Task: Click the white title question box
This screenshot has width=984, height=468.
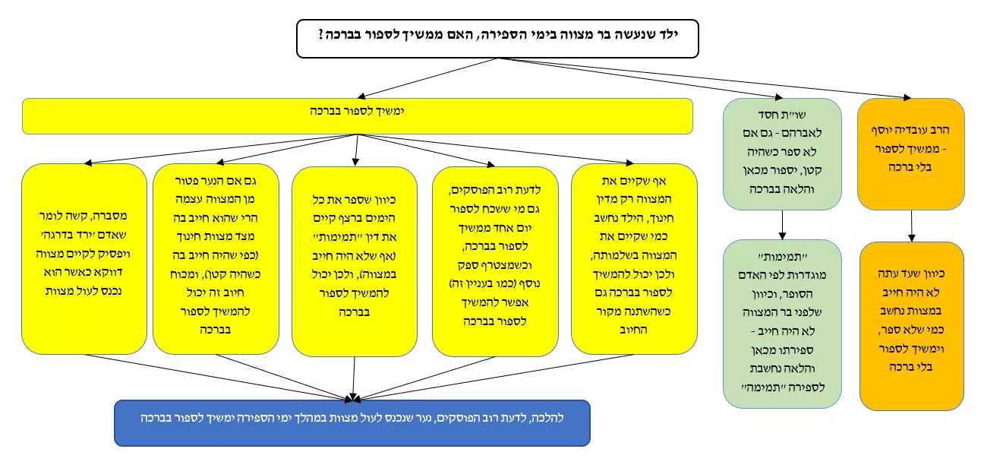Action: (497, 39)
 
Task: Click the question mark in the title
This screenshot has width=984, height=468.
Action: (322, 34)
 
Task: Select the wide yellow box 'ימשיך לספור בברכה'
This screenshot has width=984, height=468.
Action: (358, 116)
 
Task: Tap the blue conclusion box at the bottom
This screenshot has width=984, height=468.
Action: (352, 422)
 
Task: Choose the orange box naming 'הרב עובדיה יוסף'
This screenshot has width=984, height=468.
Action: (910, 153)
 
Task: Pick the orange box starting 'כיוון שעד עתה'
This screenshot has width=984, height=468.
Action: (912, 326)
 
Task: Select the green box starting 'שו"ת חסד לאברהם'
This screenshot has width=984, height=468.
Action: (782, 153)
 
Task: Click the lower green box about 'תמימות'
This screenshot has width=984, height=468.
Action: (782, 324)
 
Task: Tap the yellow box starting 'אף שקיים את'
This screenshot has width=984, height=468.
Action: (634, 259)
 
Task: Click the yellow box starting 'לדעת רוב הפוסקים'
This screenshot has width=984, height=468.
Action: (495, 261)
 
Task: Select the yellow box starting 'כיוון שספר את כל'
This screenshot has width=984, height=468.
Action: (355, 261)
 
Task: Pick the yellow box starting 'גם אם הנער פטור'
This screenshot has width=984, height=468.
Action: (216, 259)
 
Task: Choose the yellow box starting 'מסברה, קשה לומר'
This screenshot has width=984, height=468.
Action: (84, 259)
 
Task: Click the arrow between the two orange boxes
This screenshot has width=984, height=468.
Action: (912, 226)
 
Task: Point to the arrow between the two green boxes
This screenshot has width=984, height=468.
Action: (782, 225)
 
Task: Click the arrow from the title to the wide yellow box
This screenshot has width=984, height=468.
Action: (427, 77)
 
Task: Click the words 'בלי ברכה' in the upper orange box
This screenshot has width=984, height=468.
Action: (910, 167)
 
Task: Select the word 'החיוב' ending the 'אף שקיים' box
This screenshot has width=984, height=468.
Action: (633, 330)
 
